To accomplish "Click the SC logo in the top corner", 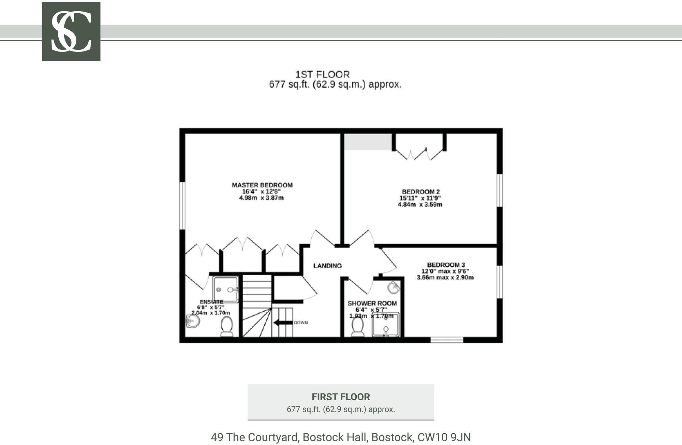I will (x=71, y=31).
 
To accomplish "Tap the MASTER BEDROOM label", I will (x=262, y=185).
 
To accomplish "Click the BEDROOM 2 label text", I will (x=421, y=192).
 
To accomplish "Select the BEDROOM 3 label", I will (x=446, y=265).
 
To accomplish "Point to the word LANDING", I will (x=327, y=266).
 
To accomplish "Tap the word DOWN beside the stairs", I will (x=301, y=323).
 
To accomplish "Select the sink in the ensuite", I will (x=193, y=321).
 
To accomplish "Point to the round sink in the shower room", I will (x=394, y=287).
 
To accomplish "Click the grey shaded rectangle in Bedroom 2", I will (x=368, y=142).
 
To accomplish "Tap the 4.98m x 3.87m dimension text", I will (x=262, y=198).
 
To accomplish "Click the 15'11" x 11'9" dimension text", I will (x=420, y=198).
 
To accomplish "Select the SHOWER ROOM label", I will (x=372, y=303).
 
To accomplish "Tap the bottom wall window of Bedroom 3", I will (x=447, y=340).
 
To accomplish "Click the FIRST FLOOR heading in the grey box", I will (x=341, y=397).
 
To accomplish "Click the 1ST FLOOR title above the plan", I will (x=322, y=74).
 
